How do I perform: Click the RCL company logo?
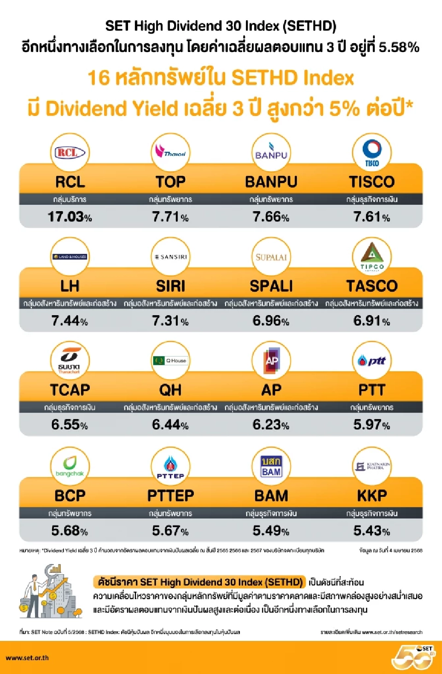[x=70, y=153]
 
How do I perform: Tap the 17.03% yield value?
[x=70, y=216]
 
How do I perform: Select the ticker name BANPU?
[x=271, y=182]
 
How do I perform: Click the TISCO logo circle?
[x=372, y=153]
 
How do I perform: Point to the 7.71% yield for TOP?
[x=170, y=216]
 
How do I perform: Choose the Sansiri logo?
[x=170, y=257]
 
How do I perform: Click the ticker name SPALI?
[x=271, y=286]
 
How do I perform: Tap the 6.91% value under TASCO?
[x=372, y=320]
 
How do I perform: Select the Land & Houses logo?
[x=70, y=257]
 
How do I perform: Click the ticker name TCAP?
[x=70, y=390]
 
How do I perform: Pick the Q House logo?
[x=170, y=361]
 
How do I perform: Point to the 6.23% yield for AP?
[x=271, y=424]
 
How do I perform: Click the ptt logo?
[x=372, y=361]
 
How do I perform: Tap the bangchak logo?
[x=70, y=466]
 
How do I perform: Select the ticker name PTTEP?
[x=170, y=495]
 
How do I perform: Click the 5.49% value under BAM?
[x=271, y=530]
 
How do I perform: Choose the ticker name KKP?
[x=372, y=495]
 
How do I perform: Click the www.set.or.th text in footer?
[x=27, y=657]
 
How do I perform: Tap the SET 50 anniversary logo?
[x=413, y=657]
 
